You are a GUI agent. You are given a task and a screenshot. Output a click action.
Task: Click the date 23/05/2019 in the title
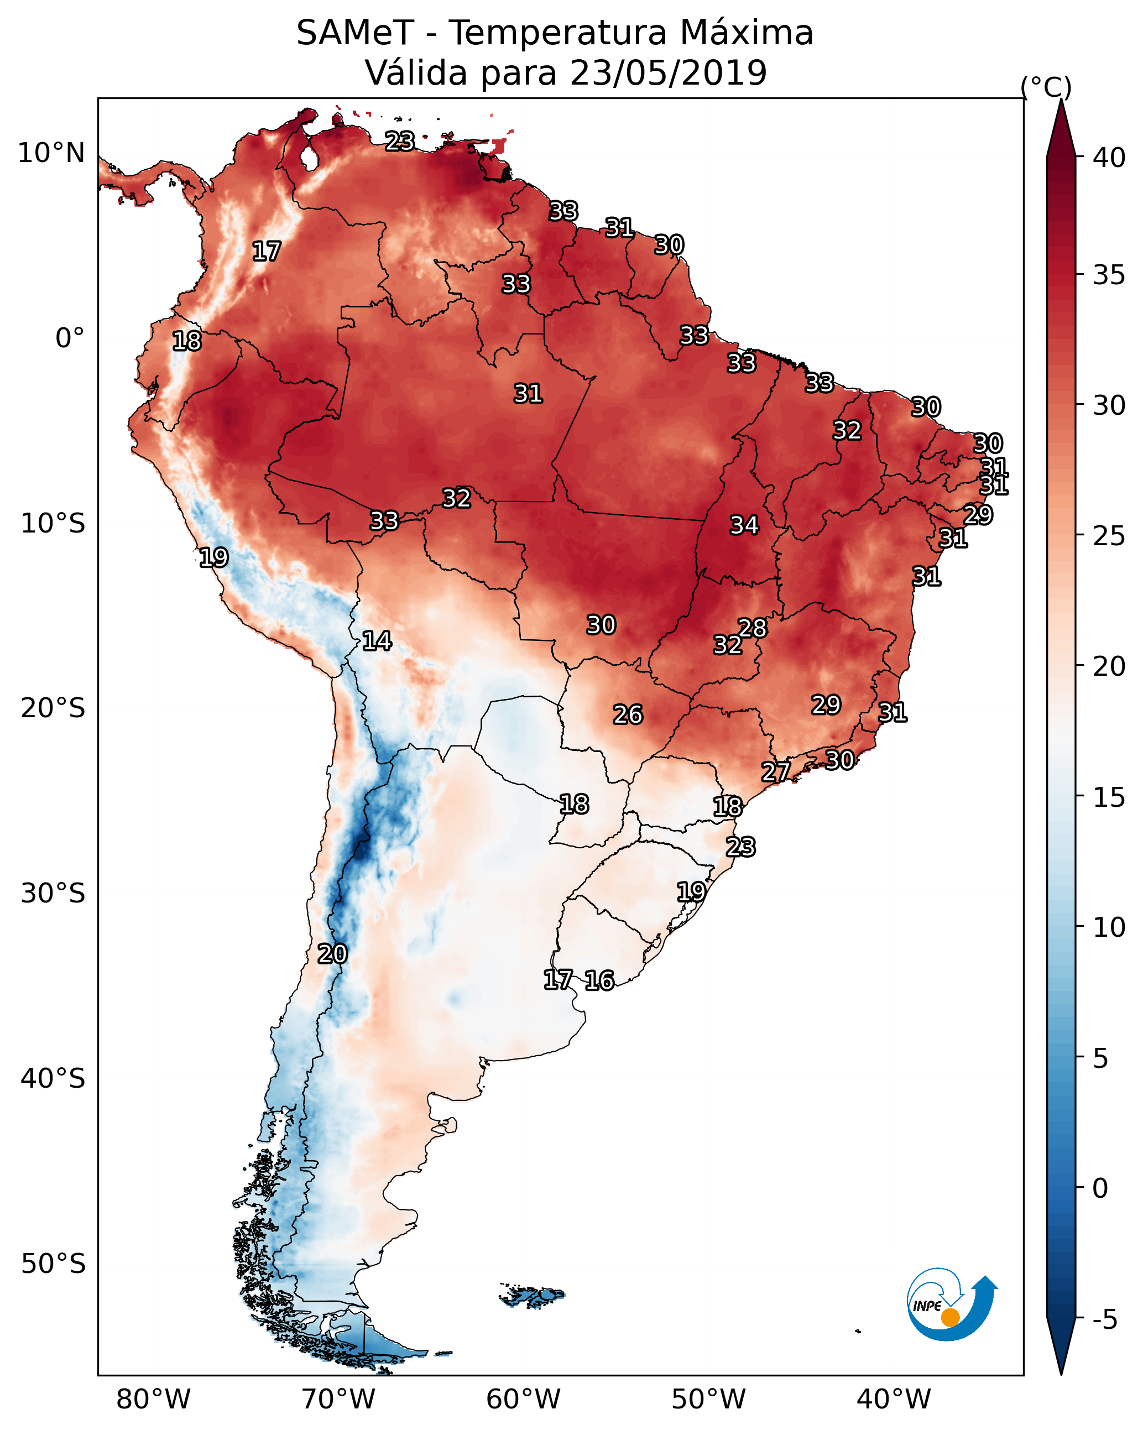pyautogui.click(x=668, y=73)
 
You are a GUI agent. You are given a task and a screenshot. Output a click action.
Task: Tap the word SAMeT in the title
pyautogui.click(x=355, y=33)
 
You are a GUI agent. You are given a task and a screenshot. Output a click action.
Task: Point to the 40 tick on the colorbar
pyautogui.click(x=1109, y=157)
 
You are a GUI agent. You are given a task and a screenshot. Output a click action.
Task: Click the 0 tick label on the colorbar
pyautogui.click(x=1100, y=1188)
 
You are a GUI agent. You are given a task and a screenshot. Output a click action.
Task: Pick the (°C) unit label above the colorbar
pyautogui.click(x=1046, y=87)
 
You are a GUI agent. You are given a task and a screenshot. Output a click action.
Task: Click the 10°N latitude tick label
pyautogui.click(x=51, y=153)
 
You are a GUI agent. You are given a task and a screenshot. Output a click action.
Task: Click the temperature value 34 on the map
pyautogui.click(x=744, y=525)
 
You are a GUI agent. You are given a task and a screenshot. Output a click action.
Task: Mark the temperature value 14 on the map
pyautogui.click(x=377, y=641)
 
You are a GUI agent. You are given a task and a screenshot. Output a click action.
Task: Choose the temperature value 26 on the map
pyautogui.click(x=628, y=715)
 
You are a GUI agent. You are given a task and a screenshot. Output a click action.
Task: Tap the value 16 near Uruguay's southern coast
pyautogui.click(x=599, y=980)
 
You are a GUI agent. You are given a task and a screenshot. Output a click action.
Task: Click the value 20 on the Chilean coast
pyautogui.click(x=332, y=954)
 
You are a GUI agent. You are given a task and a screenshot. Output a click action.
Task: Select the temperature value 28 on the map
pyautogui.click(x=753, y=628)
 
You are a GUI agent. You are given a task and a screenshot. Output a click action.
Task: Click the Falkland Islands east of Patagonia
pyautogui.click(x=532, y=1296)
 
